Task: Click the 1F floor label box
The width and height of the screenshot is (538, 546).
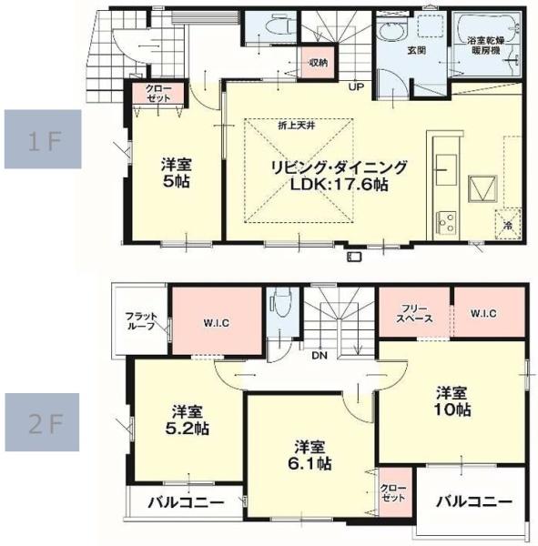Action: click(x=43, y=139)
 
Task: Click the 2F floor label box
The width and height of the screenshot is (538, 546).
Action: click(x=42, y=422)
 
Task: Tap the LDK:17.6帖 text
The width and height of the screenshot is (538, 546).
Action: click(x=339, y=184)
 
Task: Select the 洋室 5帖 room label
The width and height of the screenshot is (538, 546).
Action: click(x=176, y=173)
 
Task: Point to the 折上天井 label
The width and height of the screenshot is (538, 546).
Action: click(x=297, y=126)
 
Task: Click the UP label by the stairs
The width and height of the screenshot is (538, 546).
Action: click(x=356, y=86)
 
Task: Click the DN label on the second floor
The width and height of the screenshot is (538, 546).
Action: click(x=320, y=356)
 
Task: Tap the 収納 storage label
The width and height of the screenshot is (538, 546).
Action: click(x=318, y=63)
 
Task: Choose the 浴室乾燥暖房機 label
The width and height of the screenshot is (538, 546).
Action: click(x=486, y=45)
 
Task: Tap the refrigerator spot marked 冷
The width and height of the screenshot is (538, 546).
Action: click(x=508, y=224)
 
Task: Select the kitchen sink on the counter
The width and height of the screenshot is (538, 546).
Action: click(x=446, y=170)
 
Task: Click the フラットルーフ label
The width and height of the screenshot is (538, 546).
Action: click(x=141, y=321)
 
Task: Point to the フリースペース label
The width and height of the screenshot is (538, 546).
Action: click(x=414, y=313)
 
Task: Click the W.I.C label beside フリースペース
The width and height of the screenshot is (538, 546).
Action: click(x=483, y=313)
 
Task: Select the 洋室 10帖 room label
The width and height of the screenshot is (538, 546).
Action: click(x=452, y=401)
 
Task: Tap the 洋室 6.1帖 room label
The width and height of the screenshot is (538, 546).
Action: click(x=310, y=456)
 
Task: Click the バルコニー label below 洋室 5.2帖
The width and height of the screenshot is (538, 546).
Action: click(x=186, y=502)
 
